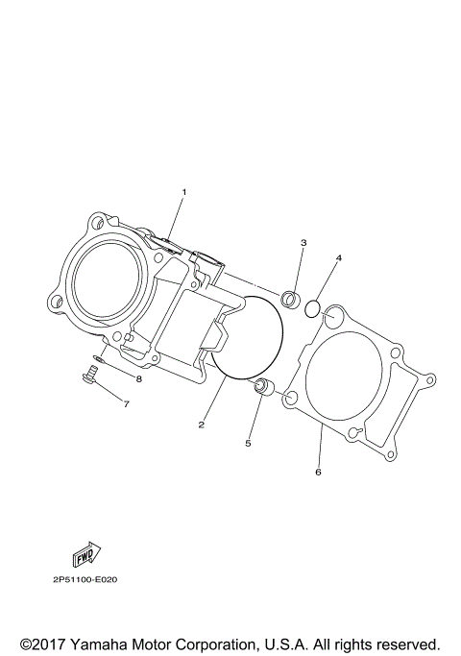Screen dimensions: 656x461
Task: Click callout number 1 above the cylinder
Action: tap(184, 192)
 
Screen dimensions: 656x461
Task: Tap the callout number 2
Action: tap(201, 424)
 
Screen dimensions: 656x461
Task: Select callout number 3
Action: tap(303, 243)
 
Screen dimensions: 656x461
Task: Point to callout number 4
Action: tap(338, 258)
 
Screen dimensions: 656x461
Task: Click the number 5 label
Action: tap(247, 443)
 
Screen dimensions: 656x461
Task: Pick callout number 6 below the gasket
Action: tap(318, 472)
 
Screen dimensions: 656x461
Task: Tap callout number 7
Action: tap(126, 404)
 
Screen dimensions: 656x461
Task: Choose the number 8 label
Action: tap(138, 378)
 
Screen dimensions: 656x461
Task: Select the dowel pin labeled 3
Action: tap(288, 298)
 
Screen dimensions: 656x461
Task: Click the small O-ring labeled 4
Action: tap(312, 308)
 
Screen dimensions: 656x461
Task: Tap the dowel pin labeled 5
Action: tap(260, 387)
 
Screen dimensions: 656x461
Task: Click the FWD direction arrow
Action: tap(85, 554)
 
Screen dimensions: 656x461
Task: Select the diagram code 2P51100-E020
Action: tap(85, 580)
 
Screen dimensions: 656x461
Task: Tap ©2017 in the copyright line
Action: tap(41, 644)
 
